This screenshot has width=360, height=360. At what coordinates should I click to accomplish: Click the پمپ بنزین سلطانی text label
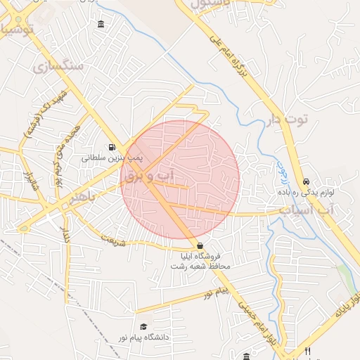point(103,158)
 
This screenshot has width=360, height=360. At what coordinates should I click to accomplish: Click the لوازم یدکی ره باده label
point(303,192)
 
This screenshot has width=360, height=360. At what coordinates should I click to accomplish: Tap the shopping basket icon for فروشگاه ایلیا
point(201,245)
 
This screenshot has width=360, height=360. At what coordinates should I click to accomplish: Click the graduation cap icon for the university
point(143,327)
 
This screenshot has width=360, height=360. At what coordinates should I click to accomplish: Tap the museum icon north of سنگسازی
point(102,25)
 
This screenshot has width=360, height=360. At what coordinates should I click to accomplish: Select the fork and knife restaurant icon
point(307,350)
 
